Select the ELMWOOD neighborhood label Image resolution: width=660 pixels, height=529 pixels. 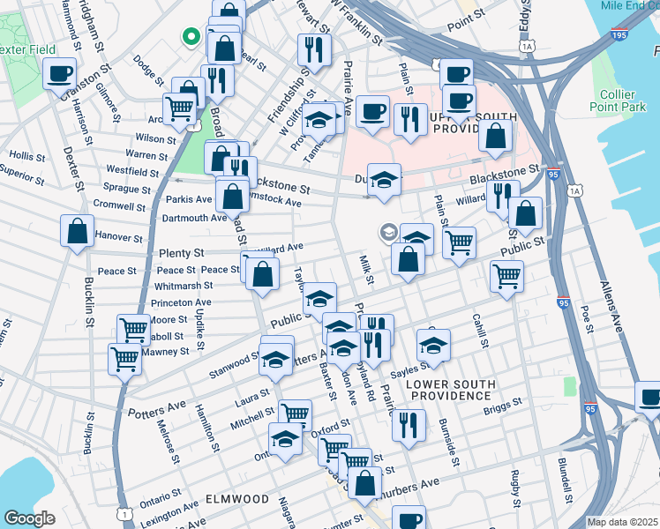pyautogui.click(x=236, y=498)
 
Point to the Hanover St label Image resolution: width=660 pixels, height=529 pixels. pyautogui.click(x=118, y=237)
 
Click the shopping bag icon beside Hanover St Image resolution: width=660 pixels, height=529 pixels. pyautogui.click(x=77, y=232)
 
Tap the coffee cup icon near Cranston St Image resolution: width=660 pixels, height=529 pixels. pyautogui.click(x=59, y=73)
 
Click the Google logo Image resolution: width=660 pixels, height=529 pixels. pyautogui.click(x=29, y=518)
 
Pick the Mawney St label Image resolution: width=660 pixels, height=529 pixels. pyautogui.click(x=167, y=351)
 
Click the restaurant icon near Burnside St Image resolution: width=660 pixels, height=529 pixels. pyautogui.click(x=407, y=425)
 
